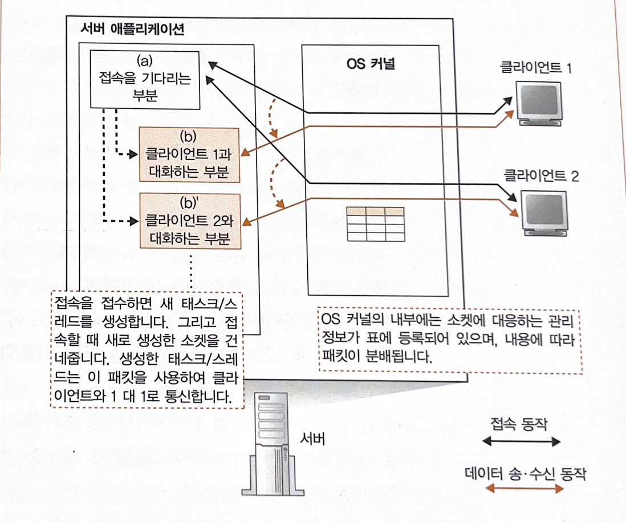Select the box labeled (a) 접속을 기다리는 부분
click(x=144, y=80)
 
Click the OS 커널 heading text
click(x=371, y=63)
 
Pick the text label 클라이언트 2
click(x=541, y=176)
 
